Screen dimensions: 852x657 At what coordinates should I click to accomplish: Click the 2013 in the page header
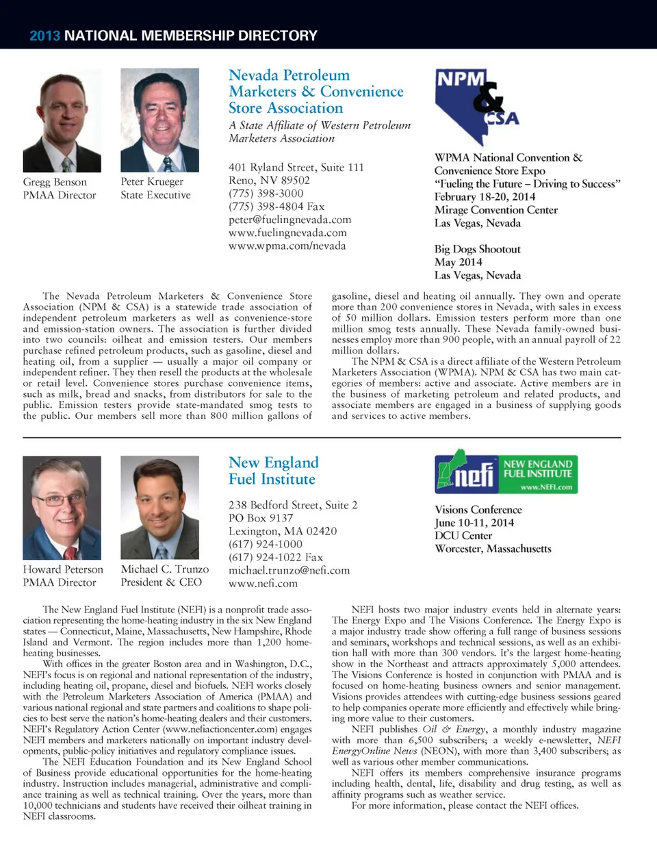coord(44,36)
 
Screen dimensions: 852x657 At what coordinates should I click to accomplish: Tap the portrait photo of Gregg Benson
coord(62,120)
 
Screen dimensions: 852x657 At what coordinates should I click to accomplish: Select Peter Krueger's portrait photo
coord(159,120)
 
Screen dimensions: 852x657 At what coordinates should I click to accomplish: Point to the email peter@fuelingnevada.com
coord(289,220)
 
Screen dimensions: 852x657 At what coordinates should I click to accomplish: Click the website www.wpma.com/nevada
coord(287,246)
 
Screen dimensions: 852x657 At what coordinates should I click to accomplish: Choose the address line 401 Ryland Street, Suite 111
coord(296,167)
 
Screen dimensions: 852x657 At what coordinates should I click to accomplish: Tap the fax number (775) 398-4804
coord(276,207)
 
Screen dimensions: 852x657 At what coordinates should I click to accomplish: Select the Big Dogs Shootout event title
coord(477,249)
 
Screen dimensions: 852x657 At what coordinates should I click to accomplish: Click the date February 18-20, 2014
coord(485,196)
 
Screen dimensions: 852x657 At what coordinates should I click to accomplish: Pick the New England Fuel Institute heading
coord(273,471)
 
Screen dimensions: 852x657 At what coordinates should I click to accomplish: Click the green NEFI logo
coord(506,472)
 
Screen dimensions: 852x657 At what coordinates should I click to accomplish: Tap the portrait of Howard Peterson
coord(62,508)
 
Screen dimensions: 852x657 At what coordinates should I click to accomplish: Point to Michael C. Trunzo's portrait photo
coord(159,508)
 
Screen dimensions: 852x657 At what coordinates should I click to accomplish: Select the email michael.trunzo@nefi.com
coord(289,570)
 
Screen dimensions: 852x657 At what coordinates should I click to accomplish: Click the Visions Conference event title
coord(478,510)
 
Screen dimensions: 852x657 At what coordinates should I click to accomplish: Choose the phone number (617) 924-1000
coord(266,544)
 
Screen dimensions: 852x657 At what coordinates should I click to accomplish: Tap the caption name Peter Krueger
coord(152,182)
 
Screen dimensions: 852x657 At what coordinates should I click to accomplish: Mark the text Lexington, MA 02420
coord(282,531)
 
